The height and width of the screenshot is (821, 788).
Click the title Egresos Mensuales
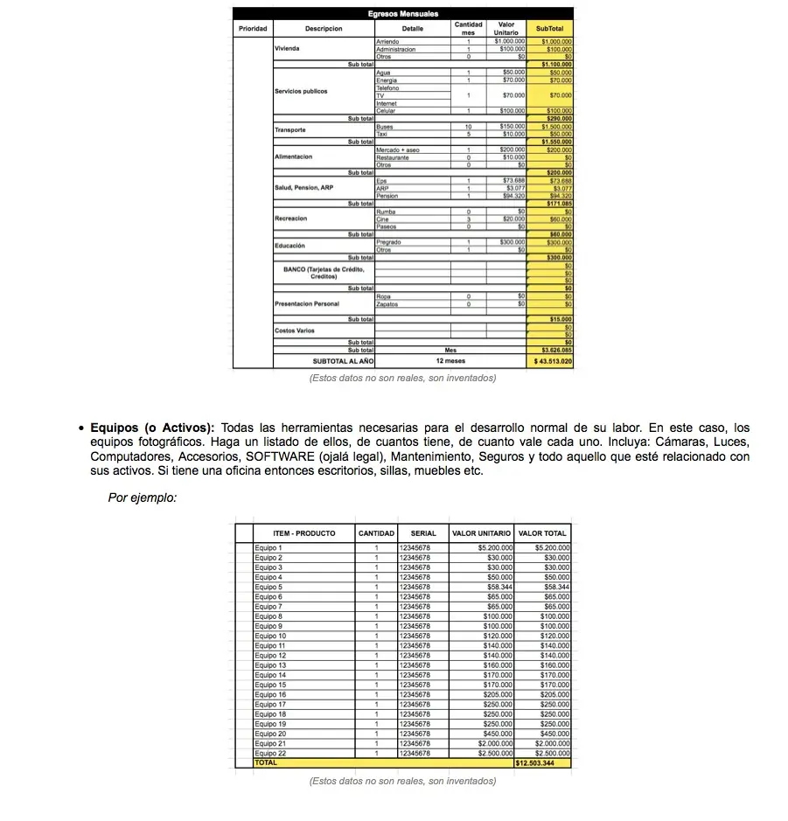[x=402, y=13]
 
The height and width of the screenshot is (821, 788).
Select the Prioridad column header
[x=253, y=29]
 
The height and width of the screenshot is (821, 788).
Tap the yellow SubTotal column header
[x=550, y=29]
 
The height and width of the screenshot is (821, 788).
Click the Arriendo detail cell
[x=387, y=41]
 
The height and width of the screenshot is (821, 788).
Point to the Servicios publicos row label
[x=301, y=91]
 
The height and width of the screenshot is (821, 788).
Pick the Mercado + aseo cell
[x=398, y=150]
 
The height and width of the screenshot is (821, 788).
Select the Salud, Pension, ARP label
[x=303, y=188]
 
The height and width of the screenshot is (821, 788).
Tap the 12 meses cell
[x=450, y=360]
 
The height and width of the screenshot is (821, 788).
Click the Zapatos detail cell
[x=387, y=304]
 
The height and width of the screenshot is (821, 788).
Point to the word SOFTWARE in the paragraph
[x=281, y=456]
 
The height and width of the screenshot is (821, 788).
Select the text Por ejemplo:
[x=143, y=497]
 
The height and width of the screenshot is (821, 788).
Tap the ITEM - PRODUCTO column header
[x=303, y=532]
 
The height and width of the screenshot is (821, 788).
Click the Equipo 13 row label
[x=270, y=665]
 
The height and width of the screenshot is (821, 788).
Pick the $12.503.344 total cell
[x=542, y=763]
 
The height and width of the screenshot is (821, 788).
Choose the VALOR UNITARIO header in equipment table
[x=482, y=532]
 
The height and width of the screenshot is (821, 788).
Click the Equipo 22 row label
[x=270, y=753]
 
